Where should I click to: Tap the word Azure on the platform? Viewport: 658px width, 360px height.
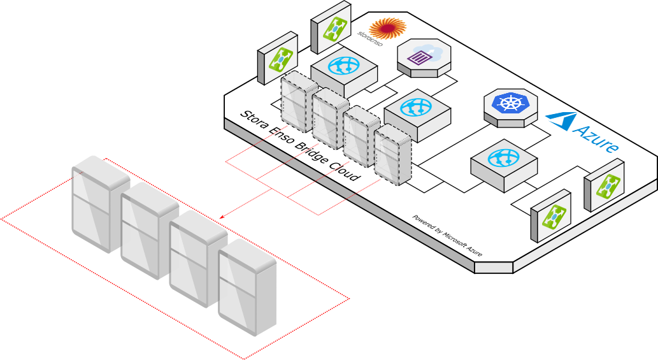click(x=596, y=138)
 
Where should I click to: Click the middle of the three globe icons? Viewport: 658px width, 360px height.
click(x=416, y=106)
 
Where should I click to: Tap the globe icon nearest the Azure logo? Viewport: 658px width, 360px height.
click(x=503, y=157)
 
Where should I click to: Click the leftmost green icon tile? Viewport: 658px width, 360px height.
click(x=279, y=59)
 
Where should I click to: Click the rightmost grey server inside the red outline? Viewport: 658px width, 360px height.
click(x=247, y=288)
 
